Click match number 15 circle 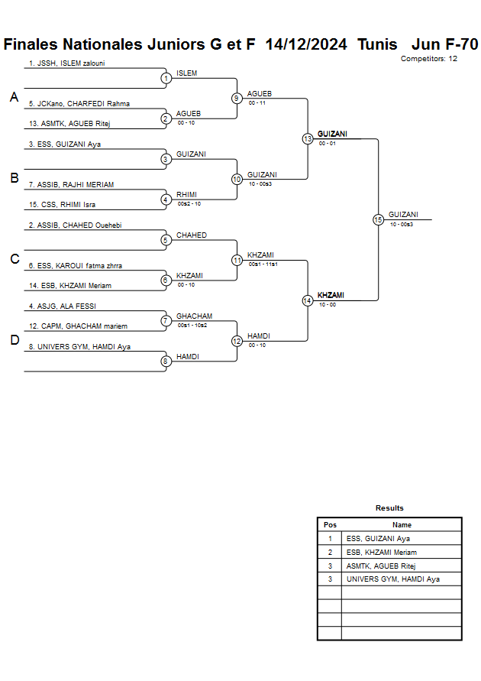(x=378, y=219)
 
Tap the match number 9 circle (x=237, y=98)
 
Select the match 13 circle (x=308, y=139)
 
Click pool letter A (x=14, y=97)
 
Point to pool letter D (x=14, y=340)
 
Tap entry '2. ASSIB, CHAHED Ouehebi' (x=75, y=225)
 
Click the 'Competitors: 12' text (x=429, y=58)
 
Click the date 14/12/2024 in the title (x=307, y=44)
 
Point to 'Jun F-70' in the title (x=444, y=44)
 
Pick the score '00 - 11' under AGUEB (x=257, y=102)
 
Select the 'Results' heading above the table (x=389, y=508)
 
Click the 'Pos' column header (x=330, y=525)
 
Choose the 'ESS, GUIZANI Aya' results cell (x=378, y=538)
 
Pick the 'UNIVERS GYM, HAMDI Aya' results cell (x=392, y=579)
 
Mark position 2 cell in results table (x=330, y=552)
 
